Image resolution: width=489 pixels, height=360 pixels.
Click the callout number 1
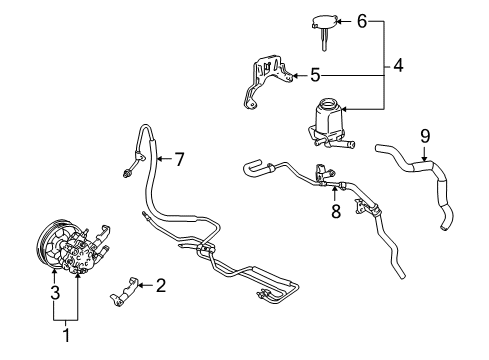point(66,336)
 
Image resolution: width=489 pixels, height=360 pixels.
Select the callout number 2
point(160,285)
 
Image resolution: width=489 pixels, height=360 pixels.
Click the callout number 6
point(363,20)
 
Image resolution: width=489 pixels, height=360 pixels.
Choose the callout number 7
point(180,158)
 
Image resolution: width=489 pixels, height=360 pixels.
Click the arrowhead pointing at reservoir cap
point(344,20)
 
